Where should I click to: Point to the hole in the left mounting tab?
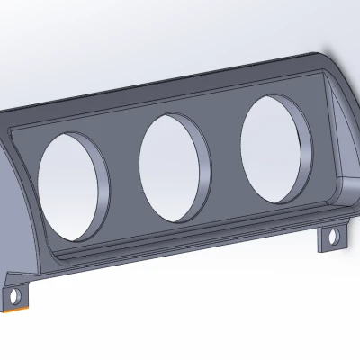point(14,294)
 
